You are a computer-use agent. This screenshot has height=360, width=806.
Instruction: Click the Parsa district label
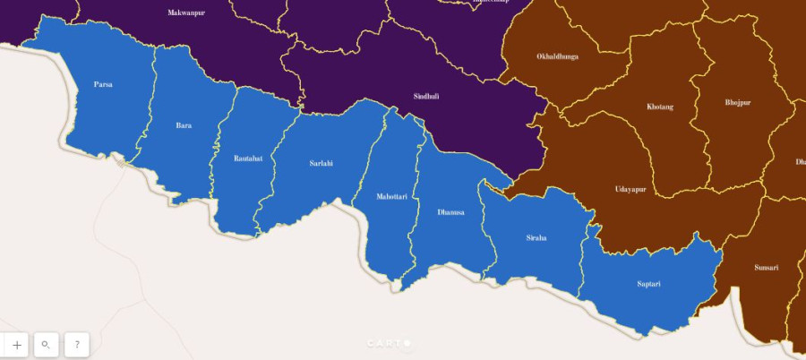103,84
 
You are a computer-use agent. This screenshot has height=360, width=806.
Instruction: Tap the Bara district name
184,125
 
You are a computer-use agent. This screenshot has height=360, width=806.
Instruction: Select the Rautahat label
247,158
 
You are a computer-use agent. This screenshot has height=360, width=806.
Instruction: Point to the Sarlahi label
321,163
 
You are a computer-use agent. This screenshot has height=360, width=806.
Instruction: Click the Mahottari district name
391,196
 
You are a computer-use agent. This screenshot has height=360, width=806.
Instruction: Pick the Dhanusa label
450,212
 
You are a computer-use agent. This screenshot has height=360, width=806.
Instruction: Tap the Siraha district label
536,237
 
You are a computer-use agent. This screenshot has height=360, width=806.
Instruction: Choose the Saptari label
648,284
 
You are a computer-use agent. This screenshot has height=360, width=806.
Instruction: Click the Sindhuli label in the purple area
426,96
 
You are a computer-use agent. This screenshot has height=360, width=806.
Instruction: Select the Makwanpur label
185,13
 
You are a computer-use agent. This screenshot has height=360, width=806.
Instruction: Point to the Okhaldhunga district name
557,56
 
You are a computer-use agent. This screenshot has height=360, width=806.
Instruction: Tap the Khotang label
659,107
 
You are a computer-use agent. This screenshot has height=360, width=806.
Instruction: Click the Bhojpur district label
738,102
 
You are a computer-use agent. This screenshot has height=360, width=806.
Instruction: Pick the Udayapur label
630,189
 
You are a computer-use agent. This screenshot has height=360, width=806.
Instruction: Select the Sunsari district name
766,267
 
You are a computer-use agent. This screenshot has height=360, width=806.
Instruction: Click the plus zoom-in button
17,344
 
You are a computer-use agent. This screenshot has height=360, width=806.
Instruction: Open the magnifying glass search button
47,344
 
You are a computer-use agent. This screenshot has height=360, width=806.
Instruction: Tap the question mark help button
77,344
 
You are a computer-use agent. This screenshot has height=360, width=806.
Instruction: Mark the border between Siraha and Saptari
583,260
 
